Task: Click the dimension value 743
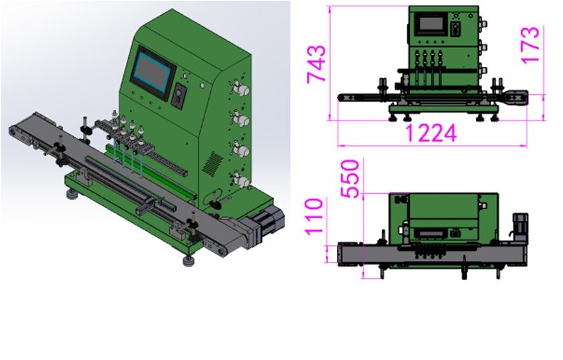point(316,64)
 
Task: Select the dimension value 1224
point(431,133)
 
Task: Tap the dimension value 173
point(530,46)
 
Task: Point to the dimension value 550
point(350,178)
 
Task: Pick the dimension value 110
point(314,216)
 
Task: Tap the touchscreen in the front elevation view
point(431,24)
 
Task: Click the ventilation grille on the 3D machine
point(212,163)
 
